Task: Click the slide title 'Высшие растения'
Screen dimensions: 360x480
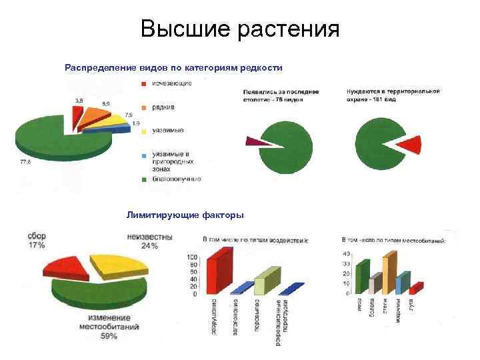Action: [x=240, y=29]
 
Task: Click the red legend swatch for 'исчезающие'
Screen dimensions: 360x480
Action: [x=143, y=83]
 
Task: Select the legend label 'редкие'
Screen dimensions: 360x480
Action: [x=163, y=107]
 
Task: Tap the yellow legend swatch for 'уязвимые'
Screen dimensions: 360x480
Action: [x=143, y=131]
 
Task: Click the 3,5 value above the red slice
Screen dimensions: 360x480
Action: [x=79, y=100]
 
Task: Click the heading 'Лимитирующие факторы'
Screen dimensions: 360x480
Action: [x=185, y=215]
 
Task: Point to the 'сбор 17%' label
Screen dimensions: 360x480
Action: [x=37, y=241]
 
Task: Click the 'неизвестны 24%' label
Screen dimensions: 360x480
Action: [x=149, y=241]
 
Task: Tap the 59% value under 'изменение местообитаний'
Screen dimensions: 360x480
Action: [x=109, y=336]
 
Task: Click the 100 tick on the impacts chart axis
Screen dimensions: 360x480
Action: [x=193, y=257]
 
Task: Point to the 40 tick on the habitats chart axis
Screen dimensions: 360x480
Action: [x=346, y=254]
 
